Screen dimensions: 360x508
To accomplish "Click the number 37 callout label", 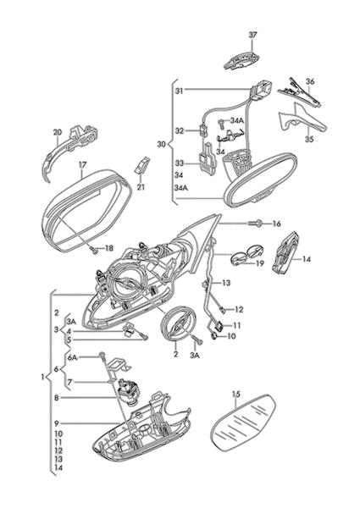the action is point(252,35).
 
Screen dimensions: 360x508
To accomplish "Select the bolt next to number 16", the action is point(256,224).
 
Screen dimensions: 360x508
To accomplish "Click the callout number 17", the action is point(83,164).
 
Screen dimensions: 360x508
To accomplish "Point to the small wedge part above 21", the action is point(141,165).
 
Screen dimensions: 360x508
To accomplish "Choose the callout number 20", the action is point(57,132).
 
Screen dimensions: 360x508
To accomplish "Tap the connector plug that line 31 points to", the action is point(261,90).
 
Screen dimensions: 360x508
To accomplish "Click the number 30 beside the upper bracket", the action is point(161,144).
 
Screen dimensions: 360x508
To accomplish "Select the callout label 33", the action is point(180,163).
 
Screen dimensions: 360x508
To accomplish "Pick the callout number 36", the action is point(310,81).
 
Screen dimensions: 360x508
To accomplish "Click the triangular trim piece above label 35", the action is point(302,120).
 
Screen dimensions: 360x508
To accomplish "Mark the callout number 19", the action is point(260,263).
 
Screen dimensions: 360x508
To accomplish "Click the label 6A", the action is point(73,357).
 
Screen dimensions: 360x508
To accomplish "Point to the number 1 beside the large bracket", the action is point(42,377).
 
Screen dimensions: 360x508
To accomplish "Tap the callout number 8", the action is point(57,398).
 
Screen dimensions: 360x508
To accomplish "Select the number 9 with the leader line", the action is point(57,423).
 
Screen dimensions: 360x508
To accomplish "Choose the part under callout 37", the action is point(241,60).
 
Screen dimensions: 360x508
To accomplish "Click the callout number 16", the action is point(276,224).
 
